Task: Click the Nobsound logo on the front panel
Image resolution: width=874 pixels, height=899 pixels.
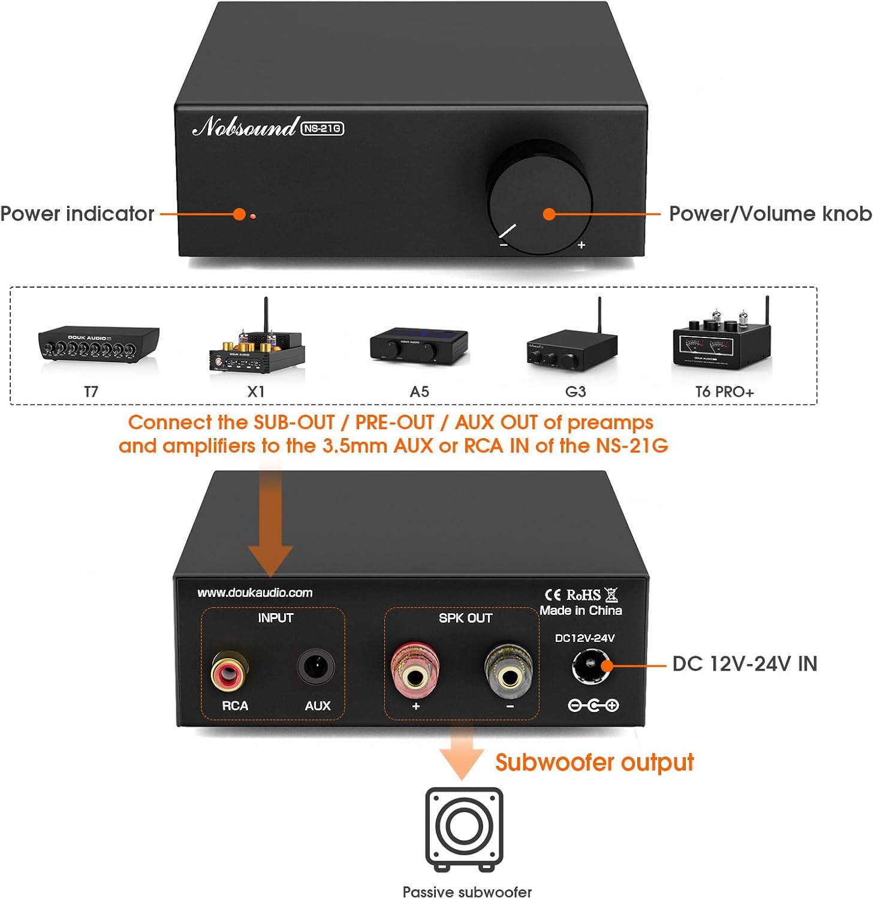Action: tap(245, 127)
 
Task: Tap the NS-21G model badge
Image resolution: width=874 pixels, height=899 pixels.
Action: tap(323, 128)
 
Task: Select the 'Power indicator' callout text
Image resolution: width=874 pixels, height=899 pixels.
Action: tap(77, 214)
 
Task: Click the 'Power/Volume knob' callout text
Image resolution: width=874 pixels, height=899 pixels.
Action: tap(770, 214)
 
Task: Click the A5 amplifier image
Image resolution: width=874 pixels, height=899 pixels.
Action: tap(418, 346)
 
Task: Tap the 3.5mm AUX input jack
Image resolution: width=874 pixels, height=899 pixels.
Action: tap(316, 666)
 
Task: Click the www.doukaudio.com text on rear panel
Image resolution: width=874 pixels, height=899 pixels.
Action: tap(255, 593)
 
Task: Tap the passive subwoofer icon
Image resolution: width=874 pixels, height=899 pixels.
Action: tap(464, 828)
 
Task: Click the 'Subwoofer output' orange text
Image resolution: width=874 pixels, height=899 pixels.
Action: tap(594, 762)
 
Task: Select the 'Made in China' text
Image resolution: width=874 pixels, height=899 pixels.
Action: tap(580, 611)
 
